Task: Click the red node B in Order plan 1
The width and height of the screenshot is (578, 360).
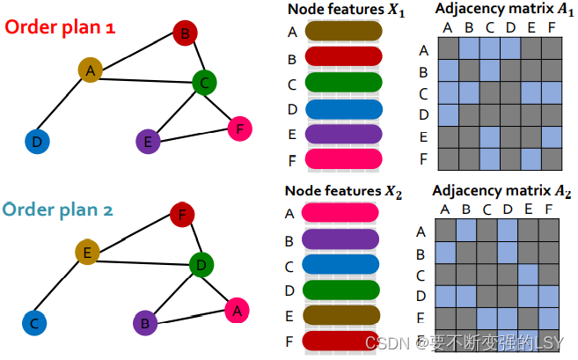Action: [184, 34]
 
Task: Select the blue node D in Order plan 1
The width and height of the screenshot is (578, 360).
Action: [36, 141]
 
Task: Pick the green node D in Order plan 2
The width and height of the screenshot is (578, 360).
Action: [202, 263]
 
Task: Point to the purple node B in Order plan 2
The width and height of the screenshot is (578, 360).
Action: [146, 321]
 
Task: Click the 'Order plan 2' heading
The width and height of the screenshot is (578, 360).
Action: [60, 209]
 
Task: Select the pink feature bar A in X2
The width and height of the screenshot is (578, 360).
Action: [340, 213]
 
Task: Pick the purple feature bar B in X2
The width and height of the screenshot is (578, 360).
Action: [340, 239]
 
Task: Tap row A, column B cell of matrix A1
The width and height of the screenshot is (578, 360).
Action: [469, 49]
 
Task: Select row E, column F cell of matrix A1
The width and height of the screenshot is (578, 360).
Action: [551, 136]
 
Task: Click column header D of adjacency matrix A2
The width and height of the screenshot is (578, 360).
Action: [508, 209]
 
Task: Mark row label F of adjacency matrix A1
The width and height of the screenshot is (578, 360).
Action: [423, 159]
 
